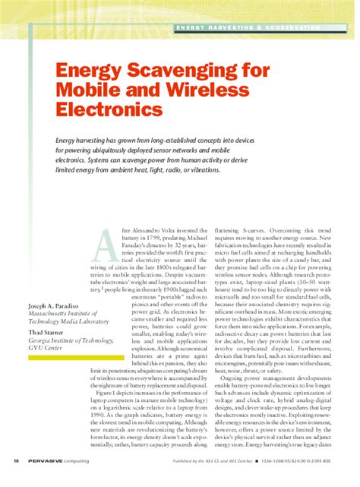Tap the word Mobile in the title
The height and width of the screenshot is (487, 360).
pos(84,91)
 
